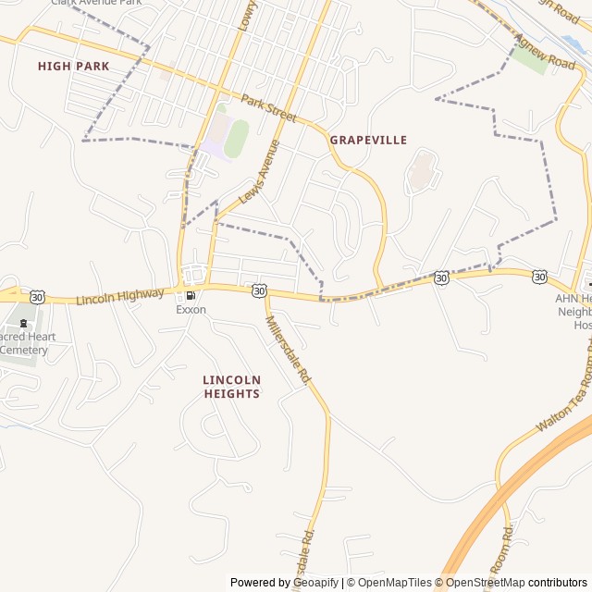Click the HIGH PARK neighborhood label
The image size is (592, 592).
(73, 66)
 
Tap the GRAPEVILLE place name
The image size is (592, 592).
(368, 140)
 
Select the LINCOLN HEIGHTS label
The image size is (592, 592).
(231, 387)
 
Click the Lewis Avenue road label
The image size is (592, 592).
(259, 172)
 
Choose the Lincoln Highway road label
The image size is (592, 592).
(120, 297)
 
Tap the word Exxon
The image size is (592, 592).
(191, 310)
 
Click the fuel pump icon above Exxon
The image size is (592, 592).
(191, 296)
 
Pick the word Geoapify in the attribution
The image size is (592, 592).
(316, 583)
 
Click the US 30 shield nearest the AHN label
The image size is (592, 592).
(539, 276)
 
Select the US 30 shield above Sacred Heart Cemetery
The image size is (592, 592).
(37, 296)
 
